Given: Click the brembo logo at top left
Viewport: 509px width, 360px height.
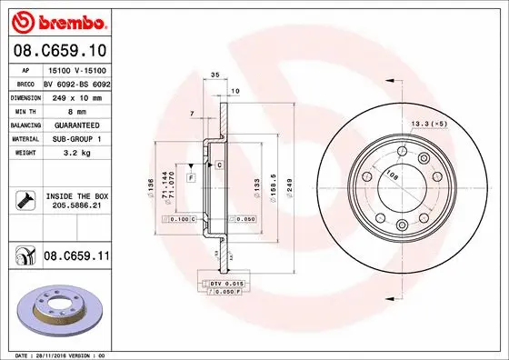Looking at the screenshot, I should coord(57,19).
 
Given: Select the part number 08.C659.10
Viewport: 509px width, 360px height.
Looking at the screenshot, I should coord(59,53).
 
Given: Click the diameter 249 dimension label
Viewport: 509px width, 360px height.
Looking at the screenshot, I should coord(289,185).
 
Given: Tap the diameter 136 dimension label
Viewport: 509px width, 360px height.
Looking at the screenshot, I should coord(149,186).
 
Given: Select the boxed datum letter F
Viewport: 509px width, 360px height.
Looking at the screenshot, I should coord(192,178).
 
